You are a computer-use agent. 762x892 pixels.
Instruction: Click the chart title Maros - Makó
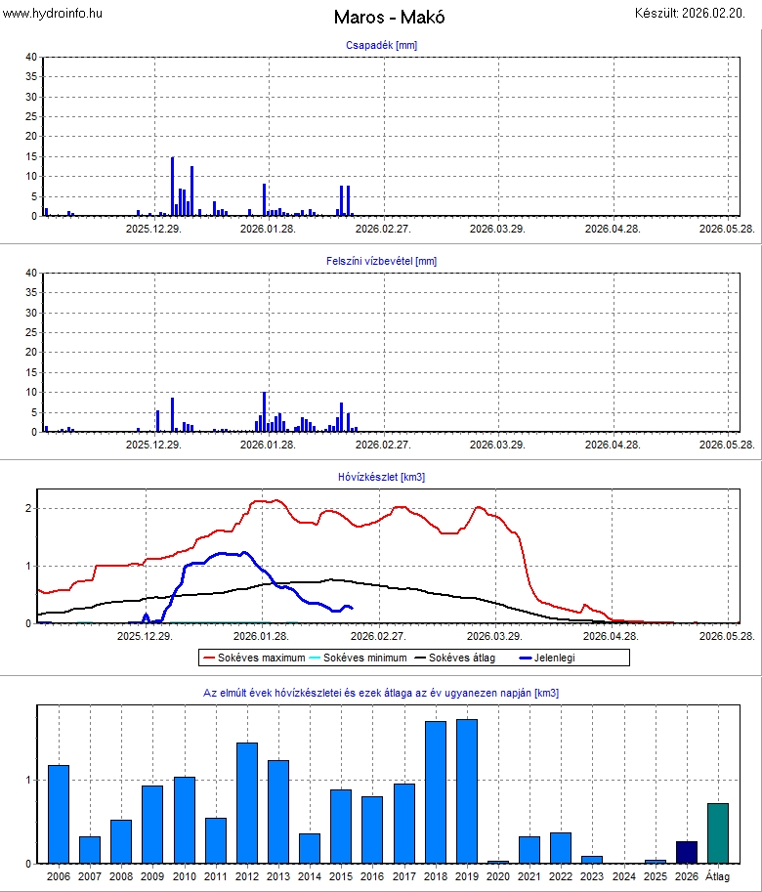(381, 18)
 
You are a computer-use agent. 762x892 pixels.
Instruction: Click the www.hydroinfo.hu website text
(53, 13)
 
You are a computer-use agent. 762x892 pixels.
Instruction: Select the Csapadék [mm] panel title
(381, 46)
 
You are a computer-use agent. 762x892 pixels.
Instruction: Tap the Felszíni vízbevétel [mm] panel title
(381, 261)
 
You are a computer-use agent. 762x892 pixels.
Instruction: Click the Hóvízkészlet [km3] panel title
(381, 477)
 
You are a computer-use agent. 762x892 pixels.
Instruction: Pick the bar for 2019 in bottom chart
(467, 791)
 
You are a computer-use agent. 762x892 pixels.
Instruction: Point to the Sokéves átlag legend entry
(465, 658)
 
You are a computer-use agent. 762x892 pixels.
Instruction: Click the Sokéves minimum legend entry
(360, 658)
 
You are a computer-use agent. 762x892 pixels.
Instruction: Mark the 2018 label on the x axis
(436, 876)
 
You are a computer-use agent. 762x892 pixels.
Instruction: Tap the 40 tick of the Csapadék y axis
(30, 58)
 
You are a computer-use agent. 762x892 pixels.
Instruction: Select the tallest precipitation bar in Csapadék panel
(172, 186)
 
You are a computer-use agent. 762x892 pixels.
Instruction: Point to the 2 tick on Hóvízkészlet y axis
(30, 508)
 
